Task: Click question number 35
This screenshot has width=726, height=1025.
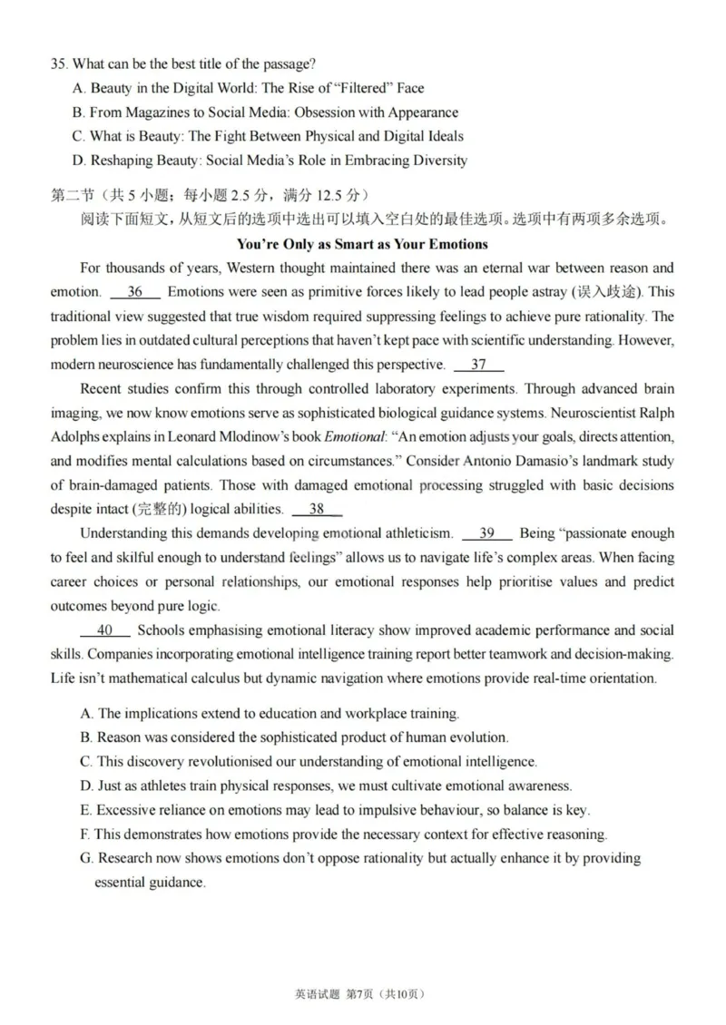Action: (59, 63)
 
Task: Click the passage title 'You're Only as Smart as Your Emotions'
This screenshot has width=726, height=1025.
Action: (362, 244)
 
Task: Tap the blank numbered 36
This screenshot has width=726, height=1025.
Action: (135, 292)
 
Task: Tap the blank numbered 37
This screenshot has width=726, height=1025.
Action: (478, 365)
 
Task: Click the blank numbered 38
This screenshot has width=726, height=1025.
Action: (317, 510)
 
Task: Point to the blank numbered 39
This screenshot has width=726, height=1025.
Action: (486, 533)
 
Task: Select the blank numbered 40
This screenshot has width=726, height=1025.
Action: (104, 630)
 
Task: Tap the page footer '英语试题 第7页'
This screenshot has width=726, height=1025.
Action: (333, 994)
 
